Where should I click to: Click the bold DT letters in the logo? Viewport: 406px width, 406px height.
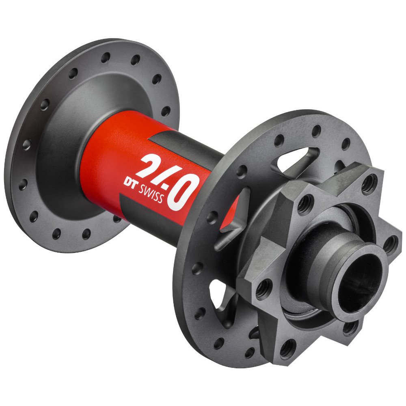[130, 181]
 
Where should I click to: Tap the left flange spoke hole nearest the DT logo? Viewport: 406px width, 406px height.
[117, 218]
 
